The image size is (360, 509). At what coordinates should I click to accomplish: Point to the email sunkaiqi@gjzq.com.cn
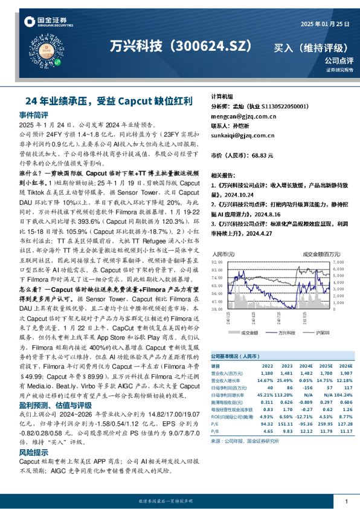coord(243,136)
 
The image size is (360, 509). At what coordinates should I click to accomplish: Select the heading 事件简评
coord(34,114)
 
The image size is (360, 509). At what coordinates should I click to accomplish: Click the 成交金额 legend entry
coord(249,332)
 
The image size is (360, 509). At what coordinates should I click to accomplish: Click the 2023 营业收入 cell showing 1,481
coord(287,373)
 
